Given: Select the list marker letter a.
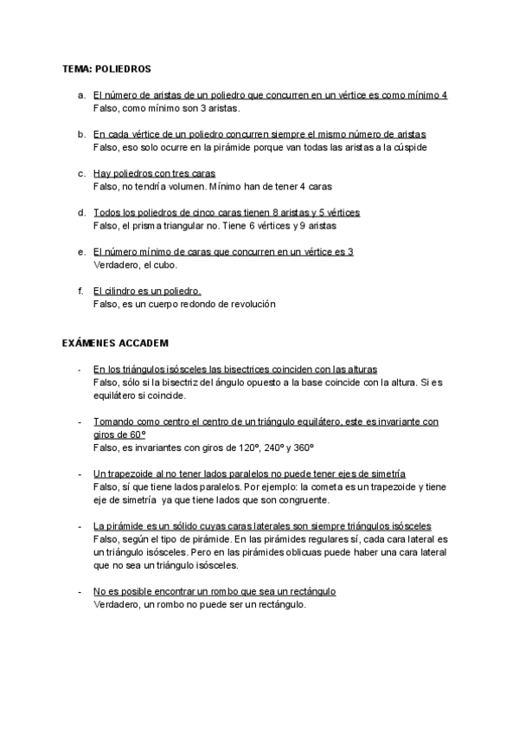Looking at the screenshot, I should pos(80,95).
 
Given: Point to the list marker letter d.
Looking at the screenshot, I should pos(80,212).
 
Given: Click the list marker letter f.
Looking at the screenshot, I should pos(80,291).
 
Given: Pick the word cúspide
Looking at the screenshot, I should pos(406,147).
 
